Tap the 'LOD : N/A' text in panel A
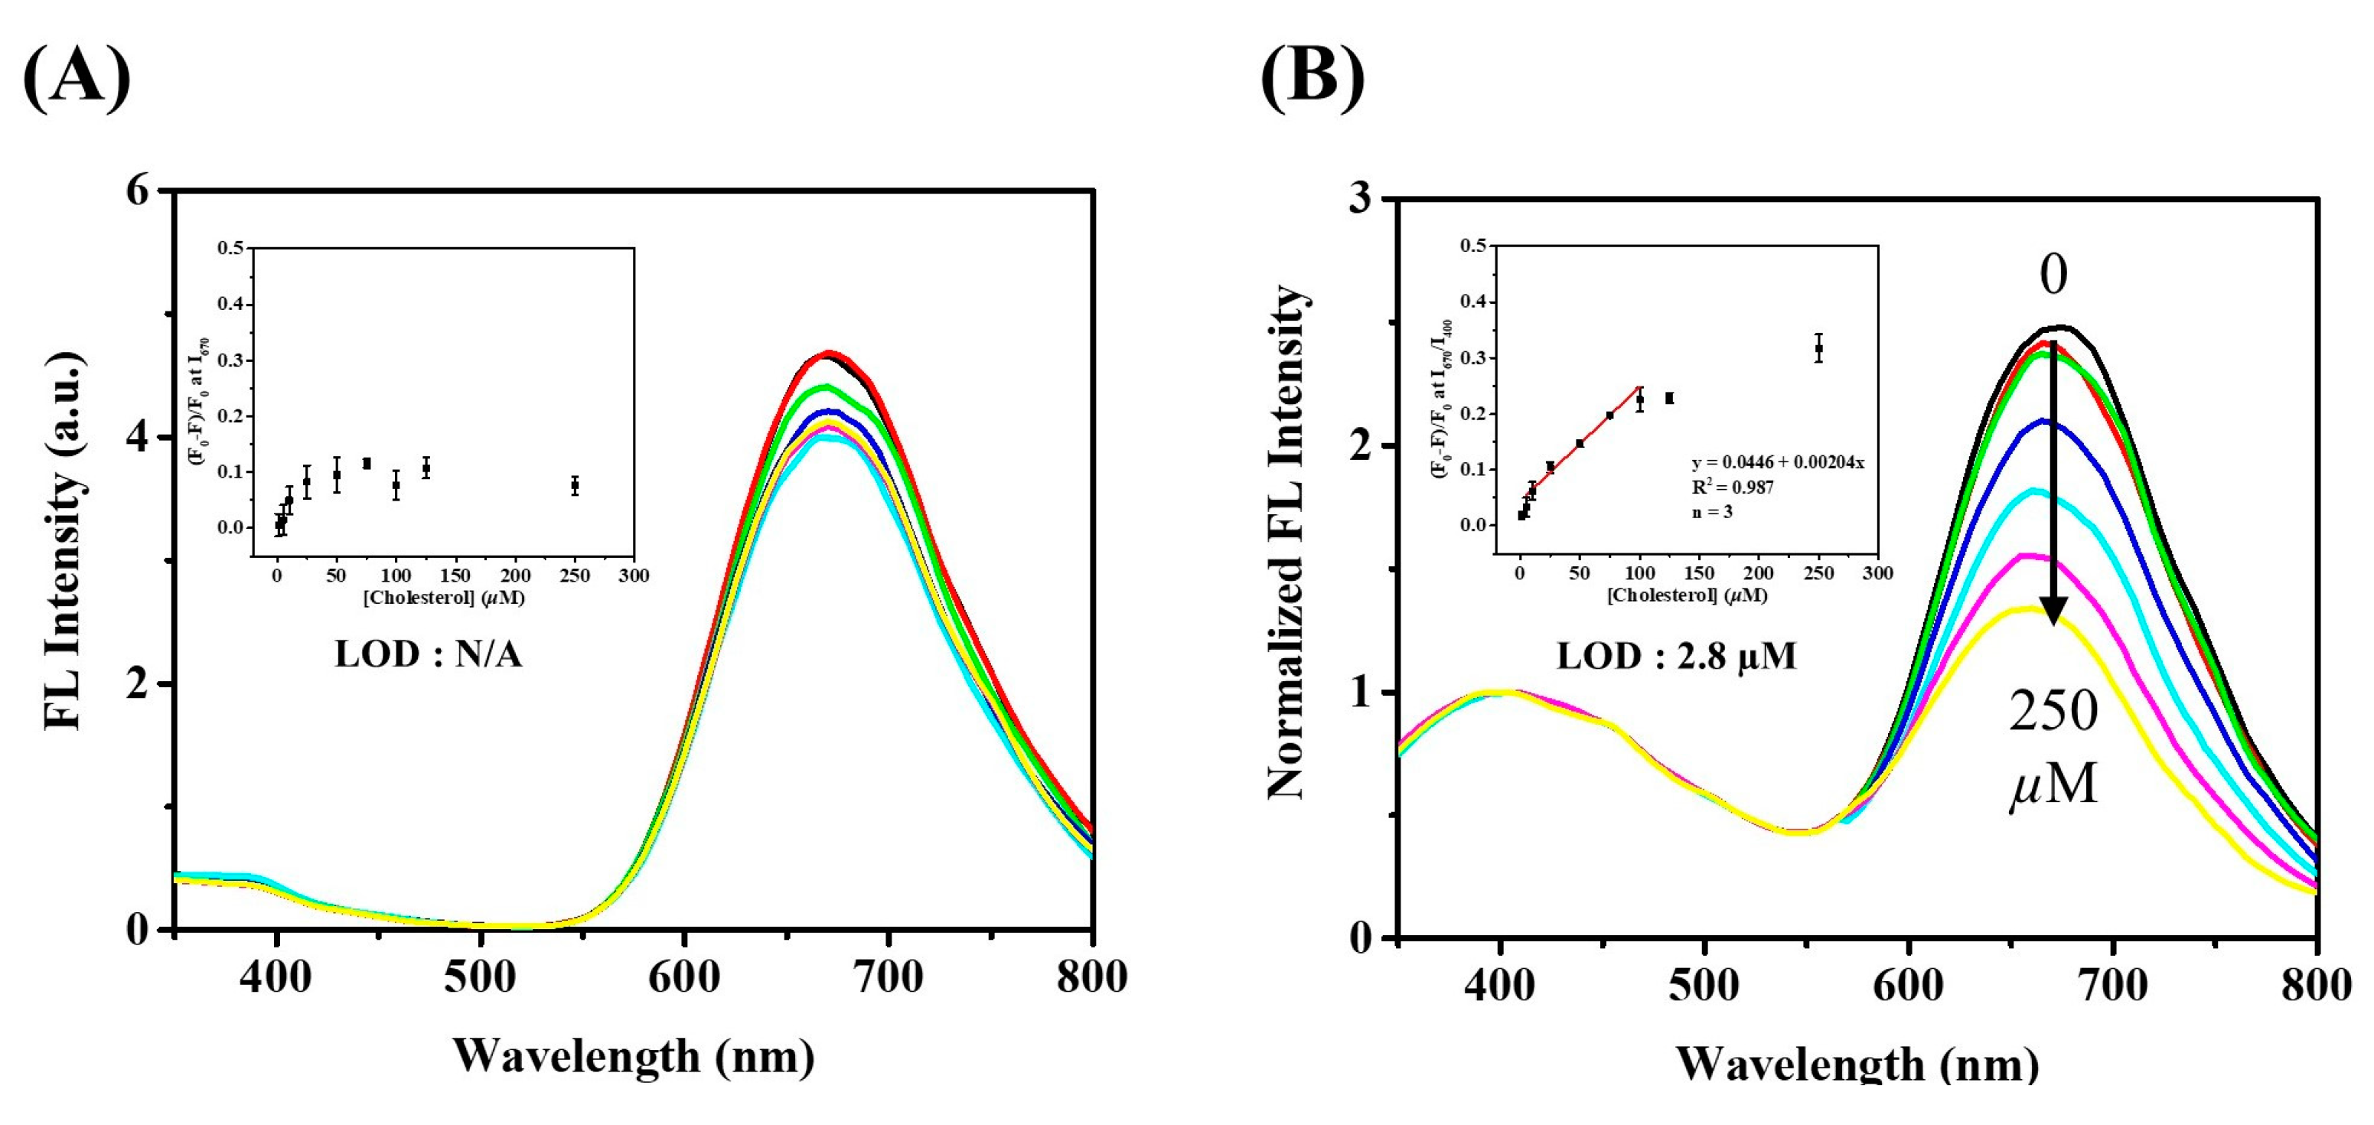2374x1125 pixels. (x=428, y=654)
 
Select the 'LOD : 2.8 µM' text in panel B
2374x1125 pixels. (x=1676, y=656)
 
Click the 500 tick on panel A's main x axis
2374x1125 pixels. (x=479, y=977)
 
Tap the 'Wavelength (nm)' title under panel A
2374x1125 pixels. (x=633, y=1055)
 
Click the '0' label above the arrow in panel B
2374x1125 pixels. (x=2053, y=275)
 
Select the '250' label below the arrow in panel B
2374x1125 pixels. (x=2053, y=711)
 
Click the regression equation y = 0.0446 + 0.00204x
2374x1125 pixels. (x=1778, y=462)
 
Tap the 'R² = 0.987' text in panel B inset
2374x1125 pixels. (x=1733, y=487)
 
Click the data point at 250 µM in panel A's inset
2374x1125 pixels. (x=574, y=485)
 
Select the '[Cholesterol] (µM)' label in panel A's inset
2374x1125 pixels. (x=443, y=597)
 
